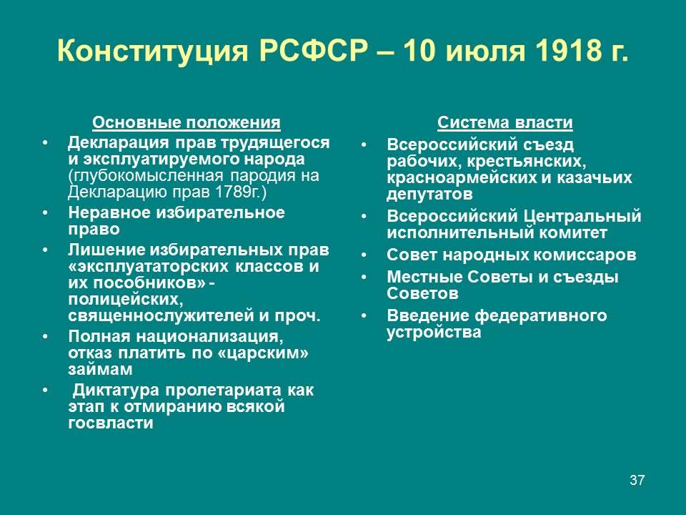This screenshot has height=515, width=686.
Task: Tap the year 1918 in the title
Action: [565, 51]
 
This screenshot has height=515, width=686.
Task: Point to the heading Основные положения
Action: [187, 122]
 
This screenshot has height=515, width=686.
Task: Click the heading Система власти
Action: [505, 122]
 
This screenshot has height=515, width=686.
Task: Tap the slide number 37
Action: [637, 479]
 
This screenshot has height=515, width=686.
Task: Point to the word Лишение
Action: [106, 250]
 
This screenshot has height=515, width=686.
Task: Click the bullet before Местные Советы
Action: [364, 278]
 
